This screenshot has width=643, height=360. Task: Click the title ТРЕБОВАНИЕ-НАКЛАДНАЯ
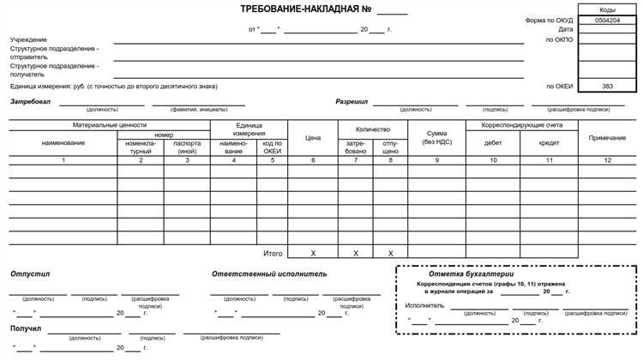(x=292, y=10)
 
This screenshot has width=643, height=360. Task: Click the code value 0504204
(x=606, y=19)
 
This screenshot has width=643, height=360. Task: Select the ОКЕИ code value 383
(x=606, y=87)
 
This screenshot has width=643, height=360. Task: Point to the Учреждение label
(x=29, y=40)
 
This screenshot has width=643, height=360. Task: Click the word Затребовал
(x=31, y=102)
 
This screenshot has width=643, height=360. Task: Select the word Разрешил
(x=352, y=102)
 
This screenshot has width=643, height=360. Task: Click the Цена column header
(x=313, y=137)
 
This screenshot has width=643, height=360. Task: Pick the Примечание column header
(x=607, y=137)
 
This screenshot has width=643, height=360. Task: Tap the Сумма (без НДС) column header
(x=436, y=137)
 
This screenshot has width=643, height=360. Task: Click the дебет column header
(x=493, y=143)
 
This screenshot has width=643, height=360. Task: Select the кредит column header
(x=549, y=143)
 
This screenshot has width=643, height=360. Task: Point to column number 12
(x=607, y=160)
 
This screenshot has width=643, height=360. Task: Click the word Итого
(x=272, y=254)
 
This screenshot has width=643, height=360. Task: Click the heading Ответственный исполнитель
(x=269, y=274)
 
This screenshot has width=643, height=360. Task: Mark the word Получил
(x=26, y=328)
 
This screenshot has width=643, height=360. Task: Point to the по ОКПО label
(x=559, y=39)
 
